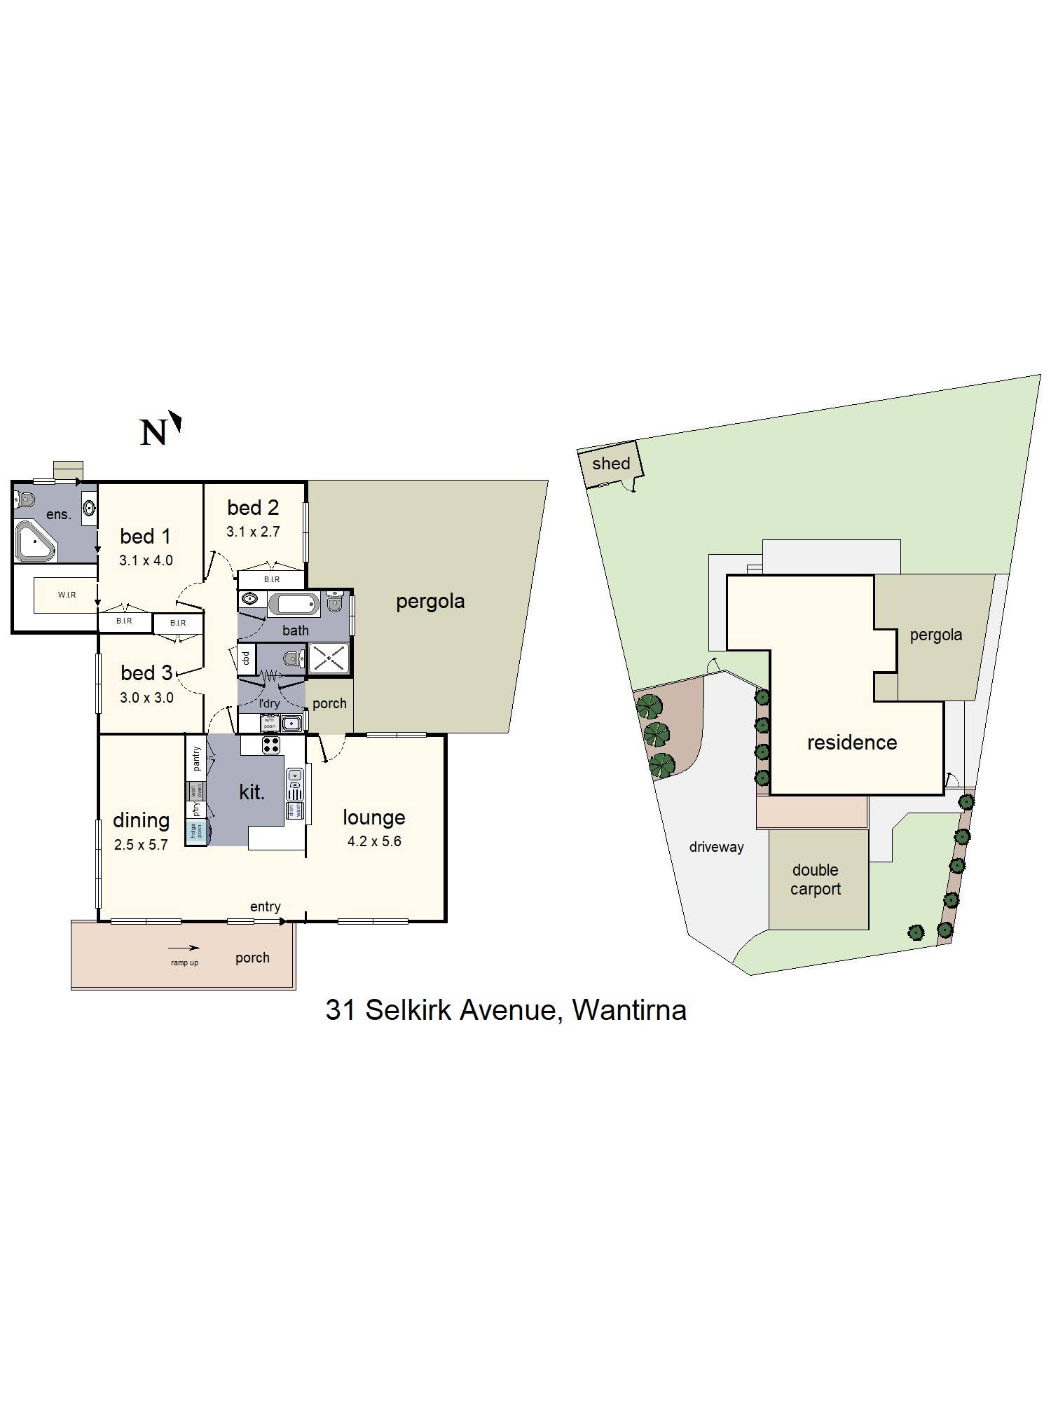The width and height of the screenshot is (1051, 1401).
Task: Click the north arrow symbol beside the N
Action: [x=176, y=422]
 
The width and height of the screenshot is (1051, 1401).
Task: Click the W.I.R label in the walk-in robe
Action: [x=67, y=595]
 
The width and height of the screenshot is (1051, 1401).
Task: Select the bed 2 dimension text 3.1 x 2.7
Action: [x=253, y=532]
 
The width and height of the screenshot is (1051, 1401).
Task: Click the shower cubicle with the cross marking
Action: [x=329, y=659]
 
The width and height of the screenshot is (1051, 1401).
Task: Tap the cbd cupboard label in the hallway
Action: [x=246, y=658]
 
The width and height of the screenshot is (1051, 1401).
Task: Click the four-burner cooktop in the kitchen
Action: [x=271, y=745]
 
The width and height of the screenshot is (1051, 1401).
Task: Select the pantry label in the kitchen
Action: [x=196, y=759]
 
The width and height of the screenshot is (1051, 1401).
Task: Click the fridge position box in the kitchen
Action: [x=195, y=831]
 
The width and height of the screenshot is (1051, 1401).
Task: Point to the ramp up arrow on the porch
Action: [x=184, y=948]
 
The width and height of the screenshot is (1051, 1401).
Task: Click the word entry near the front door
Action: [x=265, y=906]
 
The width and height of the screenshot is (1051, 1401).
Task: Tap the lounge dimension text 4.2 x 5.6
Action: [x=374, y=841]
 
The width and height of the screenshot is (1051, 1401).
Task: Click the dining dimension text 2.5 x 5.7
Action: [x=141, y=845]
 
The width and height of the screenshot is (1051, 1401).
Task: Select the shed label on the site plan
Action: [x=611, y=464]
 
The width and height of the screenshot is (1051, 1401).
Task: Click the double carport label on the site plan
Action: [x=816, y=880]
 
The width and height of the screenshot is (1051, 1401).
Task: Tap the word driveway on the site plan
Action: [x=716, y=847]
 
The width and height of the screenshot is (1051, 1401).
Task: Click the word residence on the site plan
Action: [x=851, y=743]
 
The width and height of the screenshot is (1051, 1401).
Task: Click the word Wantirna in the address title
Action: [x=628, y=1010]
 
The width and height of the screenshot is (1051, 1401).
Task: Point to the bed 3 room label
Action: [x=146, y=673]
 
